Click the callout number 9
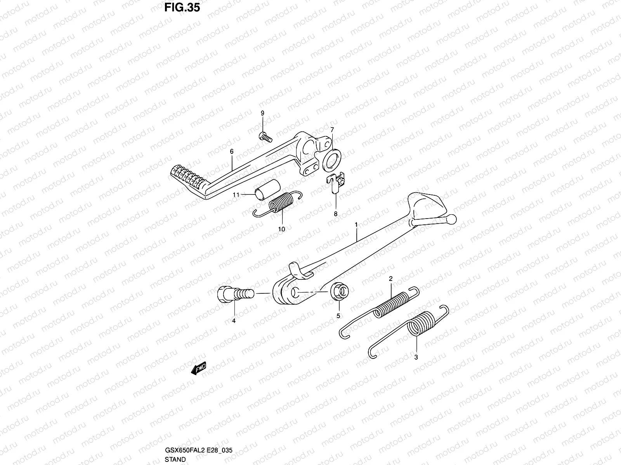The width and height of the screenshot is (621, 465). [262, 113]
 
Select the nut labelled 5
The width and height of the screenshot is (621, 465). [340, 292]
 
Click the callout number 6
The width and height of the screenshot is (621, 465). [231, 152]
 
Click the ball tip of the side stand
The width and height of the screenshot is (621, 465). [451, 219]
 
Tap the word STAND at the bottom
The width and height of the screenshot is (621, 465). [175, 459]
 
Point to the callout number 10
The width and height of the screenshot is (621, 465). [281, 229]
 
